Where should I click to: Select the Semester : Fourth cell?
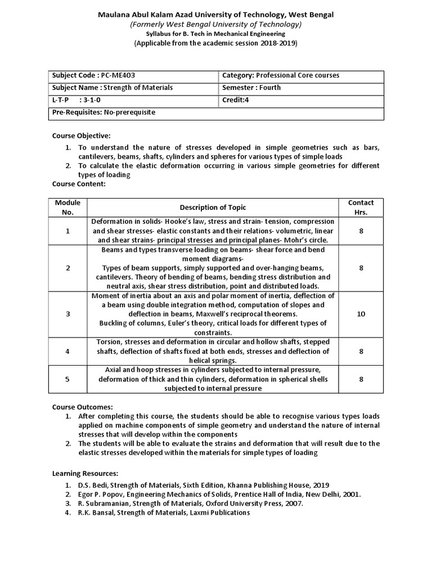pyautogui.click(x=251, y=88)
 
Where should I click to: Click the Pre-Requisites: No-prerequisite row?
pyautogui.click(x=103, y=112)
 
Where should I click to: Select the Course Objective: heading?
pyautogui.click(x=82, y=136)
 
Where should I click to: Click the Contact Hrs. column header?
pyautogui.click(x=361, y=208)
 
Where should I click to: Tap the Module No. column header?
pyautogui.click(x=67, y=208)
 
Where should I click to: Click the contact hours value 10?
pyautogui.click(x=361, y=314)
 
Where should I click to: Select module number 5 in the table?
pyautogui.click(x=67, y=379)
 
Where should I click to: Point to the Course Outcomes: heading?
pyautogui.click(x=83, y=407)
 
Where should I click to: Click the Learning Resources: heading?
pyautogui.click(x=85, y=474)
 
